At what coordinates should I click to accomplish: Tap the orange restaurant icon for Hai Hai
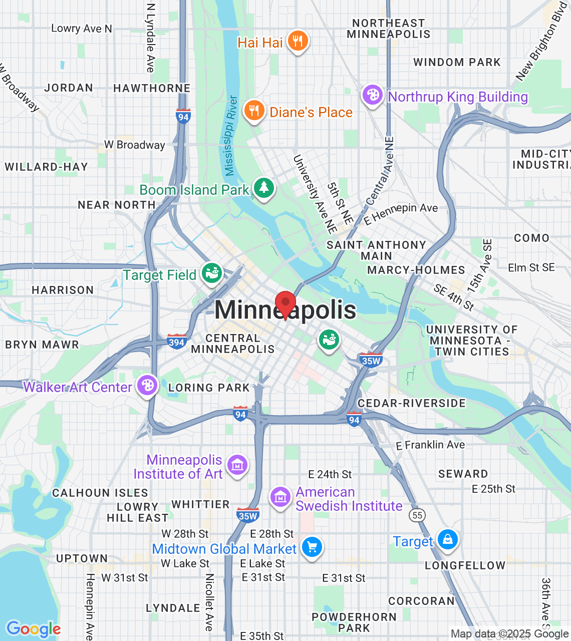[x=298, y=41]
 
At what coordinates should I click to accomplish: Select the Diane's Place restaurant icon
[x=254, y=111]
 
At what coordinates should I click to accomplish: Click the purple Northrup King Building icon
[x=373, y=95]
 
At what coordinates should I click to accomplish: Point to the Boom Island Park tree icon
[x=263, y=188]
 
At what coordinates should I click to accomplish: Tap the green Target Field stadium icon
[x=212, y=273]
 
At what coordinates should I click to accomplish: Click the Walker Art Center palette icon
[x=147, y=386]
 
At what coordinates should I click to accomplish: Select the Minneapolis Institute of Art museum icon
[x=237, y=465]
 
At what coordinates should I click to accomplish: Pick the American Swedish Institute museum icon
[x=280, y=497]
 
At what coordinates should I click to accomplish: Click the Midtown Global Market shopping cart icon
[x=312, y=547]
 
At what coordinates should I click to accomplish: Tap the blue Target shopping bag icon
[x=447, y=540]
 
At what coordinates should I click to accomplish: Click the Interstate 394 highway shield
[x=176, y=342]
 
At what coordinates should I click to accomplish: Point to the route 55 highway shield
[x=417, y=515]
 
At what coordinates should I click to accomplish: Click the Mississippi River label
[x=230, y=136]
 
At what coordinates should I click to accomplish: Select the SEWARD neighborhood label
[x=463, y=474]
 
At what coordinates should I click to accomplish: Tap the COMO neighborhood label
[x=531, y=238]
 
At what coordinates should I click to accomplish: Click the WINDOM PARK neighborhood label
[x=457, y=62]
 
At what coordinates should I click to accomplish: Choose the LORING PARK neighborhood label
[x=209, y=388]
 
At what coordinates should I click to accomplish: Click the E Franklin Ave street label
[x=430, y=445]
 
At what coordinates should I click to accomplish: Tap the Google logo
[x=34, y=629]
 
